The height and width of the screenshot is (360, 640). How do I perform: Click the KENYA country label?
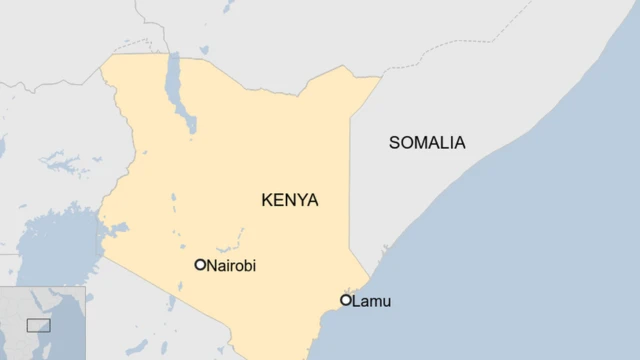pos(289,200)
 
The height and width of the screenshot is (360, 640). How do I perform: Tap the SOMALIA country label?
pos(427,143)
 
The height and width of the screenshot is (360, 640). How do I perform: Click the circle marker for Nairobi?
pos(200,265)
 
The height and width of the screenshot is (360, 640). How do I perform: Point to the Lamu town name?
pos(372,300)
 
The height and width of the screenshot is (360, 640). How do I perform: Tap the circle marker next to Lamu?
pos(346,300)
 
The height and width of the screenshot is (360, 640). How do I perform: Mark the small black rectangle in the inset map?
pos(38,325)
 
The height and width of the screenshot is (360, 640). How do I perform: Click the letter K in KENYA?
pos(267,200)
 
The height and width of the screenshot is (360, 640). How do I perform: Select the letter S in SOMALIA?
pos(394,143)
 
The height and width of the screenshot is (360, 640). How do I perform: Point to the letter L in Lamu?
pos(357,300)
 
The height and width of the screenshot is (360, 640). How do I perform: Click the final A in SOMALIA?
pos(460,143)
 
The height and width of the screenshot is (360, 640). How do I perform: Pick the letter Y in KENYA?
pos(300,200)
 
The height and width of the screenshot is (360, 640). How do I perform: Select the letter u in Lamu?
pos(386,301)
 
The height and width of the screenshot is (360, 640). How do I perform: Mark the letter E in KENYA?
pos(277,200)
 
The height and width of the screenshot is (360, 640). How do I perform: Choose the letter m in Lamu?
pos(375,301)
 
